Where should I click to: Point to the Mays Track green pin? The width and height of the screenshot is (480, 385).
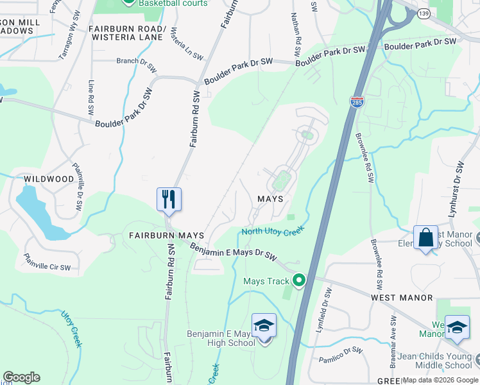(x=298, y=280)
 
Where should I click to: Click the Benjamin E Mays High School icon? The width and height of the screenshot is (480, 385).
(x=264, y=326)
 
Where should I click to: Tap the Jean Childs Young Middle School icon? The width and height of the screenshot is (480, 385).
(x=457, y=327)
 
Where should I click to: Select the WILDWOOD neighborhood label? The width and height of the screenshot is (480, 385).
(x=49, y=179)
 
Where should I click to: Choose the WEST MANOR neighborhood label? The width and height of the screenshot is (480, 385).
(x=401, y=298)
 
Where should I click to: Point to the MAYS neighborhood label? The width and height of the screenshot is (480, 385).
(x=270, y=200)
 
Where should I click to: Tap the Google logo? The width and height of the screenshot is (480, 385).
(x=21, y=377)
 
